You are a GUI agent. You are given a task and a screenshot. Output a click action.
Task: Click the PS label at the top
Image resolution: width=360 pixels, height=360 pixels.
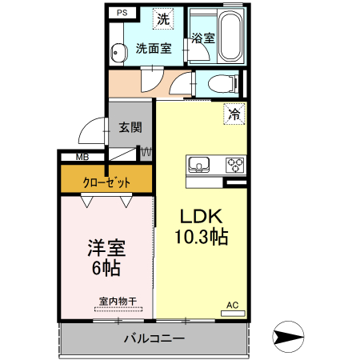[x=122, y=14]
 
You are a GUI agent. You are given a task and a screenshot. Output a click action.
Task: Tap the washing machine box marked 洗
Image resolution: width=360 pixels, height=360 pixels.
[x=163, y=18]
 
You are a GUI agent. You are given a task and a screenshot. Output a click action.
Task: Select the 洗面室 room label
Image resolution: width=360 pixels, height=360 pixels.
[x=152, y=48]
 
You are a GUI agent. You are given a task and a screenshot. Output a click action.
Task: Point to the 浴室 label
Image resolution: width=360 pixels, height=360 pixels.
[x=202, y=38]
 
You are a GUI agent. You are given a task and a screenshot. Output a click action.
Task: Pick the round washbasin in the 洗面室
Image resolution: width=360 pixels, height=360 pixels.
[x=119, y=53]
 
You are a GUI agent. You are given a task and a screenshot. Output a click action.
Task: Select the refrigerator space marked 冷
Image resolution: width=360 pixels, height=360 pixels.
[x=235, y=114]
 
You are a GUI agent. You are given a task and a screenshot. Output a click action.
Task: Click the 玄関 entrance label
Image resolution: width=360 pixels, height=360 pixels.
[x=130, y=126]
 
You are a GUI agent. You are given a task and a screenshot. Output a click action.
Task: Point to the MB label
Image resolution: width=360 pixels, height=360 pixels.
[x=82, y=158]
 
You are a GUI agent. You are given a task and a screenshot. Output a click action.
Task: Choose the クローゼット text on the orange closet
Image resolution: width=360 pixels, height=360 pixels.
[x=106, y=182]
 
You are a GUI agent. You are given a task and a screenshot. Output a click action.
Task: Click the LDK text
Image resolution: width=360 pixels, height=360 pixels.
[x=198, y=218]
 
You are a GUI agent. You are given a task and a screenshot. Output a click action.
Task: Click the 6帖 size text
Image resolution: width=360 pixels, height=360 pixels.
[x=106, y=267]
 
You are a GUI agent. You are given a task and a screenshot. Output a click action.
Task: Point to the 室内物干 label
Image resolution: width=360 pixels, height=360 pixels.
[x=118, y=302]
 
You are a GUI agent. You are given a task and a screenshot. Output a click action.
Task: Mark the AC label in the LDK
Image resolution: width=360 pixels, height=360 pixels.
[x=232, y=305]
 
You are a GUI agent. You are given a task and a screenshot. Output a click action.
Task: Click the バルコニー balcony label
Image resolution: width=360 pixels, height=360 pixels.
[x=154, y=339]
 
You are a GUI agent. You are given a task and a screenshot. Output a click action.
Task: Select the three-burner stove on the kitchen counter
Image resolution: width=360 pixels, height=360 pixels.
[x=235, y=166]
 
